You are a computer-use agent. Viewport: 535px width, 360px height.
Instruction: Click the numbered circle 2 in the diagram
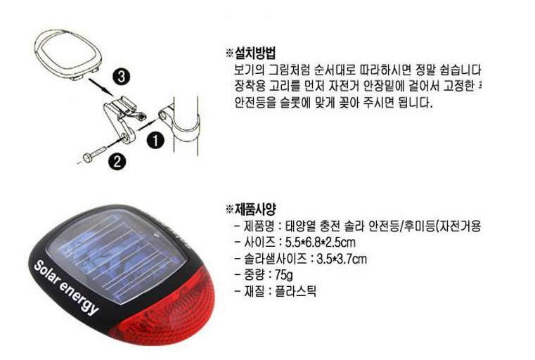pyautogui.click(x=117, y=162)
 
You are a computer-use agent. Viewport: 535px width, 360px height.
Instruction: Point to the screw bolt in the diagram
pyautogui.click(x=92, y=155)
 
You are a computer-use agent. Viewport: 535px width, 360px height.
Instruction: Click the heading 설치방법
pyautogui.click(x=254, y=53)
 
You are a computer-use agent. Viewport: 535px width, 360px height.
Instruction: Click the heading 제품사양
pyautogui.click(x=254, y=209)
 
